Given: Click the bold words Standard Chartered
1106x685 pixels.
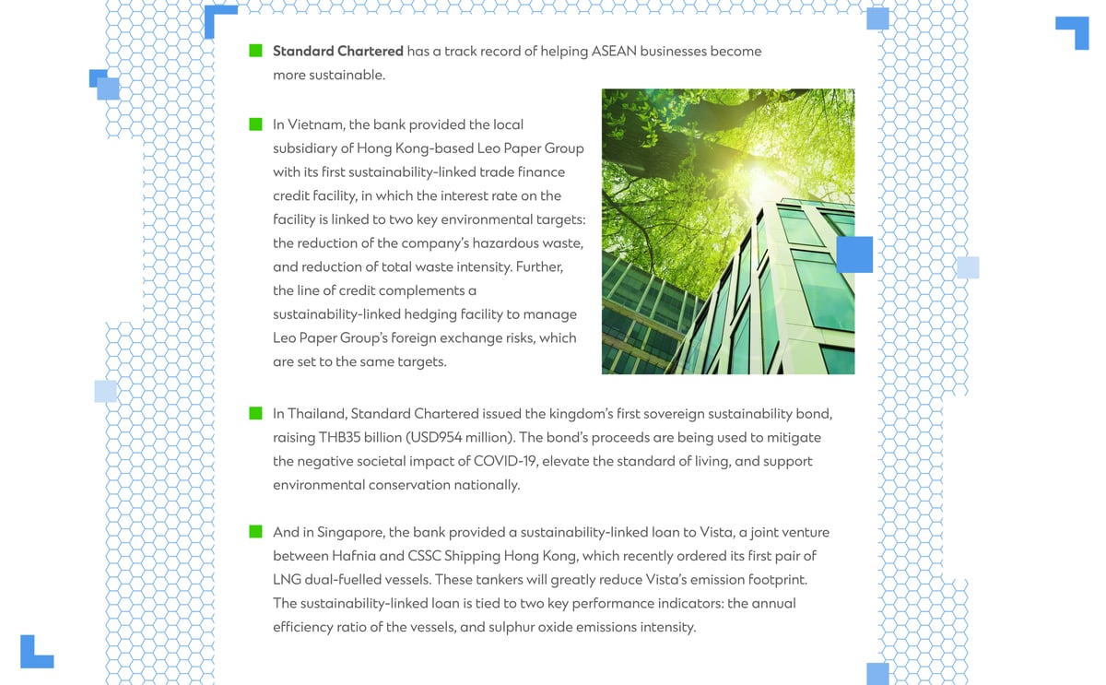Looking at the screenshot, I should [x=337, y=51].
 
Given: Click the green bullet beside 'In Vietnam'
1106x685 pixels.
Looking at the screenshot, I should [x=256, y=124].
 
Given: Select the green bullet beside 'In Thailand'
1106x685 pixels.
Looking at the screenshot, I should [x=256, y=413].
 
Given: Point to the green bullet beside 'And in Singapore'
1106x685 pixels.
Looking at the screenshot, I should [x=256, y=532].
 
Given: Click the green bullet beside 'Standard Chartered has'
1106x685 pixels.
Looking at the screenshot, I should [x=256, y=51].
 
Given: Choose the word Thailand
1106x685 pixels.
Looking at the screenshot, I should [x=315, y=413].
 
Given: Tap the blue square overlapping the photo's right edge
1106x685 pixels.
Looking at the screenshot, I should [x=854, y=254].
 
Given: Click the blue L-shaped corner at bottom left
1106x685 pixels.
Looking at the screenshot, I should [x=35, y=652].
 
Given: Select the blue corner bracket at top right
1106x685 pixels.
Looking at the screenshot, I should [x=1074, y=30].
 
